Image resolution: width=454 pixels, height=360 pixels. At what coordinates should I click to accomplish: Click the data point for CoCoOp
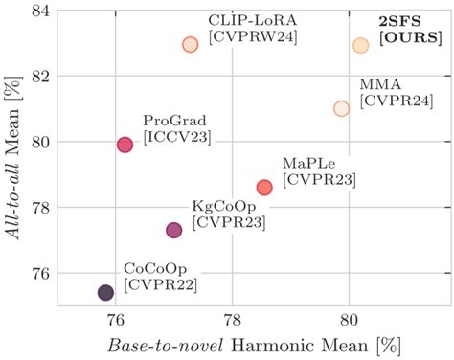105,292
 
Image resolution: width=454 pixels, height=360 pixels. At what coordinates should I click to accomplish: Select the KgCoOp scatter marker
173,230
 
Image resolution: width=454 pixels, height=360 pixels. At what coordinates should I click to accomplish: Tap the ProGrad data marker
125,145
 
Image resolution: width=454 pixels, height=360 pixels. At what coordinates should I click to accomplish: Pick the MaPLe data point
264,187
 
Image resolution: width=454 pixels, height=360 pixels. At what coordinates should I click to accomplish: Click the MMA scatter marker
341,108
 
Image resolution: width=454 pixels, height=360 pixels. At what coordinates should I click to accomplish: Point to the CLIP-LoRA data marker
190,44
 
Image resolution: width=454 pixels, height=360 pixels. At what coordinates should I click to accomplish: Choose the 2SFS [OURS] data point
360,45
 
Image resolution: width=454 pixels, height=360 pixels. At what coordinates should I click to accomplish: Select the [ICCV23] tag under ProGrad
176,138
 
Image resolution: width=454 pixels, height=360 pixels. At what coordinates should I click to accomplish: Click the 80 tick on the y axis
41,142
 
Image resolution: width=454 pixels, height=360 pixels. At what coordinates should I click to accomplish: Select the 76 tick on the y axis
41,274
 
